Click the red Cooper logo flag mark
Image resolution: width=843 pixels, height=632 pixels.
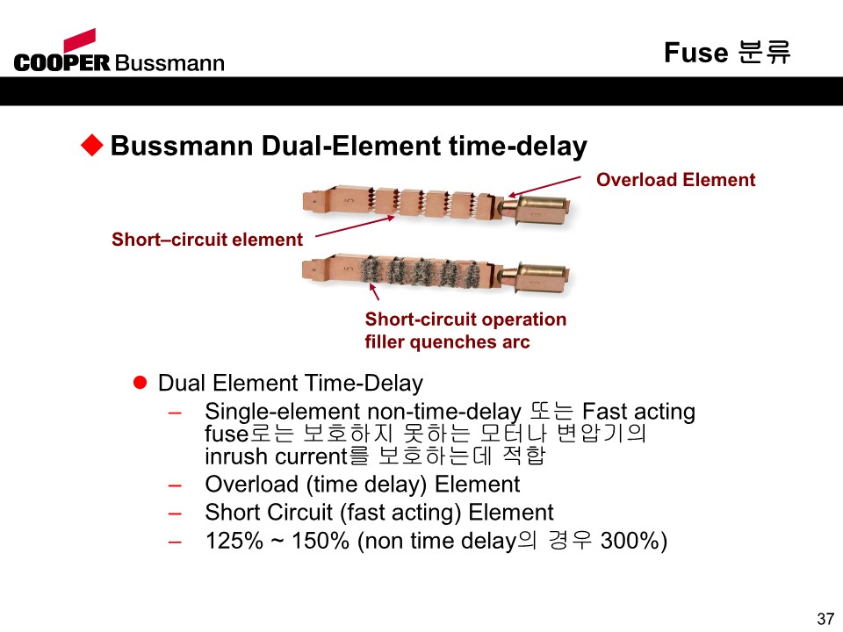point(80,40)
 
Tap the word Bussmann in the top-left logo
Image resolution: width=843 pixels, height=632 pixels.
point(169,63)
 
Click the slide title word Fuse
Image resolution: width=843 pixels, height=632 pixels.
point(696,53)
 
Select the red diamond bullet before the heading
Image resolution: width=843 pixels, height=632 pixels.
point(92,145)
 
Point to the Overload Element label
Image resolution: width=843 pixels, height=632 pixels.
point(676,179)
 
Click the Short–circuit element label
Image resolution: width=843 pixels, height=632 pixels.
point(207,239)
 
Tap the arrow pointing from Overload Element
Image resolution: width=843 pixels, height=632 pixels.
point(544,186)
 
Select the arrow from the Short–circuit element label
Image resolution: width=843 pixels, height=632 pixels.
point(355,226)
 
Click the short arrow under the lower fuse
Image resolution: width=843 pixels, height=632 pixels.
point(374,291)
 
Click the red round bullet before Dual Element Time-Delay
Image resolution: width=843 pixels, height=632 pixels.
point(140,383)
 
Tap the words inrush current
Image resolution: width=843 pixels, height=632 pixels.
point(276,456)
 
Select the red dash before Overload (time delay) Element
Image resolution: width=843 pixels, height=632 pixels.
point(175,485)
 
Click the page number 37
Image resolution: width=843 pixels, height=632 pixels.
point(825,619)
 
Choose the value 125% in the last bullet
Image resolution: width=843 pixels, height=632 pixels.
point(234,541)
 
